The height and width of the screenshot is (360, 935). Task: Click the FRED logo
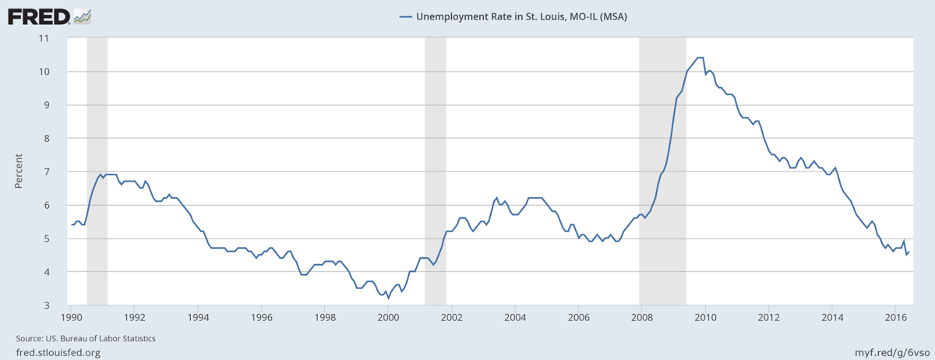(48, 16)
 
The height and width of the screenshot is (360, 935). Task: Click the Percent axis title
(18, 171)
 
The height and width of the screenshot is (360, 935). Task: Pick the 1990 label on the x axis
(71, 318)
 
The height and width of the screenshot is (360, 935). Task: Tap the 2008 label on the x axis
(641, 318)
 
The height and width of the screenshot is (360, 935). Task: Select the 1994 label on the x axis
(198, 318)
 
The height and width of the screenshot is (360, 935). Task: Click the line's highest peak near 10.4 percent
(700, 58)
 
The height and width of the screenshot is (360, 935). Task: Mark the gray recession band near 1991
(97, 171)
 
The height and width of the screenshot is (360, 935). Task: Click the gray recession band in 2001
(435, 171)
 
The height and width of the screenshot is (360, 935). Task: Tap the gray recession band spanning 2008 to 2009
(662, 171)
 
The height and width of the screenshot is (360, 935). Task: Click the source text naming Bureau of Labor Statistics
(86, 339)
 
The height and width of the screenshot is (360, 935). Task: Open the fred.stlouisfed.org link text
(58, 353)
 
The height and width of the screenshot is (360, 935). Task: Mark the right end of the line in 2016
(909, 251)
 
